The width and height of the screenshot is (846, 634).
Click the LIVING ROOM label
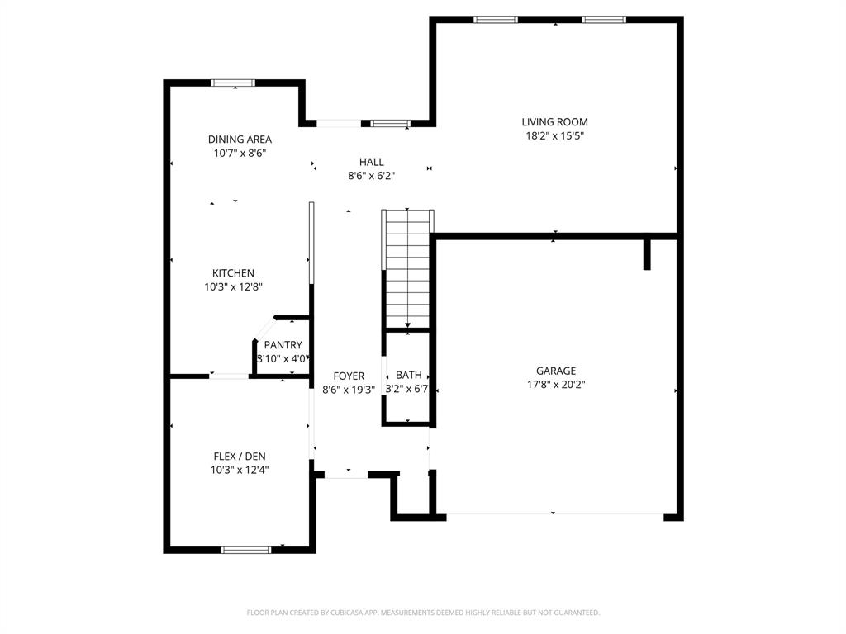(x=554, y=122)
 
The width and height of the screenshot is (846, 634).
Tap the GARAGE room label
(x=555, y=371)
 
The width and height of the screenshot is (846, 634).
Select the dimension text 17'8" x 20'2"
(x=555, y=385)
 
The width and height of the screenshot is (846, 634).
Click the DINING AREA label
(x=240, y=140)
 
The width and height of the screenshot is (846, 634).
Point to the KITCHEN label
(x=233, y=273)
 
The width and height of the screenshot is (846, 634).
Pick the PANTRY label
(x=283, y=345)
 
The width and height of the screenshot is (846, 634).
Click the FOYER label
(x=348, y=376)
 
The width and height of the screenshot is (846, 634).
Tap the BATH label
(x=408, y=376)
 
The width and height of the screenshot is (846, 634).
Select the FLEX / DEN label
(x=240, y=456)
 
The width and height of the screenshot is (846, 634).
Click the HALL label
(x=371, y=162)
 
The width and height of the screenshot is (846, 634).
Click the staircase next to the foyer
(x=407, y=268)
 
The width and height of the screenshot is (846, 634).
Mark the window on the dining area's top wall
(x=233, y=83)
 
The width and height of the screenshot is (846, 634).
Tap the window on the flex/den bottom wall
(x=245, y=550)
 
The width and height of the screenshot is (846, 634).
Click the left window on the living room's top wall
(x=496, y=20)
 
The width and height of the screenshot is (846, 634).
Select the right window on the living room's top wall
(x=603, y=20)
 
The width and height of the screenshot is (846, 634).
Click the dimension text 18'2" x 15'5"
(x=554, y=136)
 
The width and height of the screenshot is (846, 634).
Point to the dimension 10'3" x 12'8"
(x=233, y=287)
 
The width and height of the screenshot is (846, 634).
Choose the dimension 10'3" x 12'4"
(x=240, y=470)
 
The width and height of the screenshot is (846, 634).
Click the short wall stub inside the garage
(x=648, y=254)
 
